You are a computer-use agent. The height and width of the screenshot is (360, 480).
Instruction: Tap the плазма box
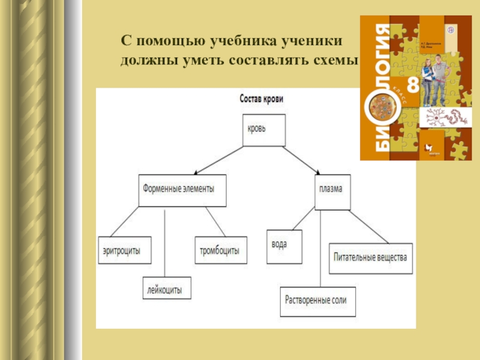point(332,192)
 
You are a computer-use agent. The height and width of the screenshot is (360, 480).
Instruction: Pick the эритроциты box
point(124,252)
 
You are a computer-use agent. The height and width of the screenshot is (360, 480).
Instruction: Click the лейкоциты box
point(167,288)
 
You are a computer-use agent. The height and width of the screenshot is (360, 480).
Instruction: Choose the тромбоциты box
point(220,250)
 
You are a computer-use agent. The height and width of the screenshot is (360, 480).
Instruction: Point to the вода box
point(284,245)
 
